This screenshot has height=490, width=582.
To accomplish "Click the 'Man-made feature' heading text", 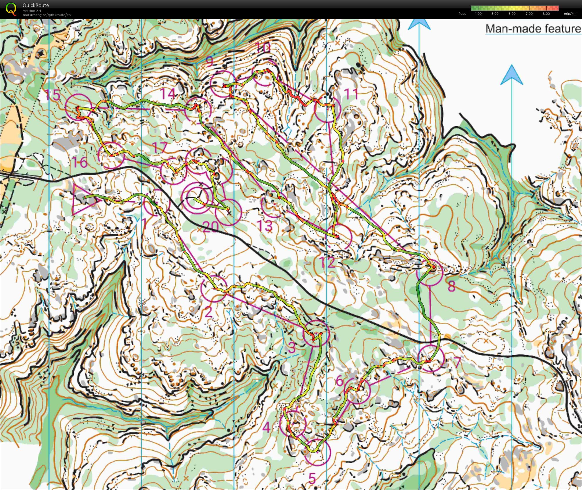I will pyautogui.click(x=533, y=29).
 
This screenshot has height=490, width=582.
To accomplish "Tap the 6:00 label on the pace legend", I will pyautogui.click(x=512, y=14).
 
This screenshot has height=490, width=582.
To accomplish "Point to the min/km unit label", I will pyautogui.click(x=570, y=14).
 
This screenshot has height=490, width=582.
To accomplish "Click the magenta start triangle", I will pyautogui.click(x=83, y=199).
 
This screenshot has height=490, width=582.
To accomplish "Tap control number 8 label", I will pyautogui.click(x=451, y=286).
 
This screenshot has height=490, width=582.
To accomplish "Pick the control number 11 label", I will pyautogui.click(x=351, y=94).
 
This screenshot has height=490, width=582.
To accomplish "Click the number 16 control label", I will pyautogui.click(x=79, y=162).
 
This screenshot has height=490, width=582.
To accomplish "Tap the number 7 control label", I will pyautogui.click(x=457, y=362).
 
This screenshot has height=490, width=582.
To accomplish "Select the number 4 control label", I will pyautogui.click(x=266, y=427).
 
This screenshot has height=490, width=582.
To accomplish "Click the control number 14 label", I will pyautogui.click(x=168, y=94).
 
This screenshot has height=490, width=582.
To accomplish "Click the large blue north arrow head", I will pyautogui.click(x=511, y=75).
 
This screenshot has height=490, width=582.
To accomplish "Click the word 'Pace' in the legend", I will pyautogui.click(x=462, y=14).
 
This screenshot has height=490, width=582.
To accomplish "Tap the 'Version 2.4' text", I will pyautogui.click(x=32, y=11).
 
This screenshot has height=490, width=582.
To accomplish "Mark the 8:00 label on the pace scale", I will pyautogui.click(x=546, y=14).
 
